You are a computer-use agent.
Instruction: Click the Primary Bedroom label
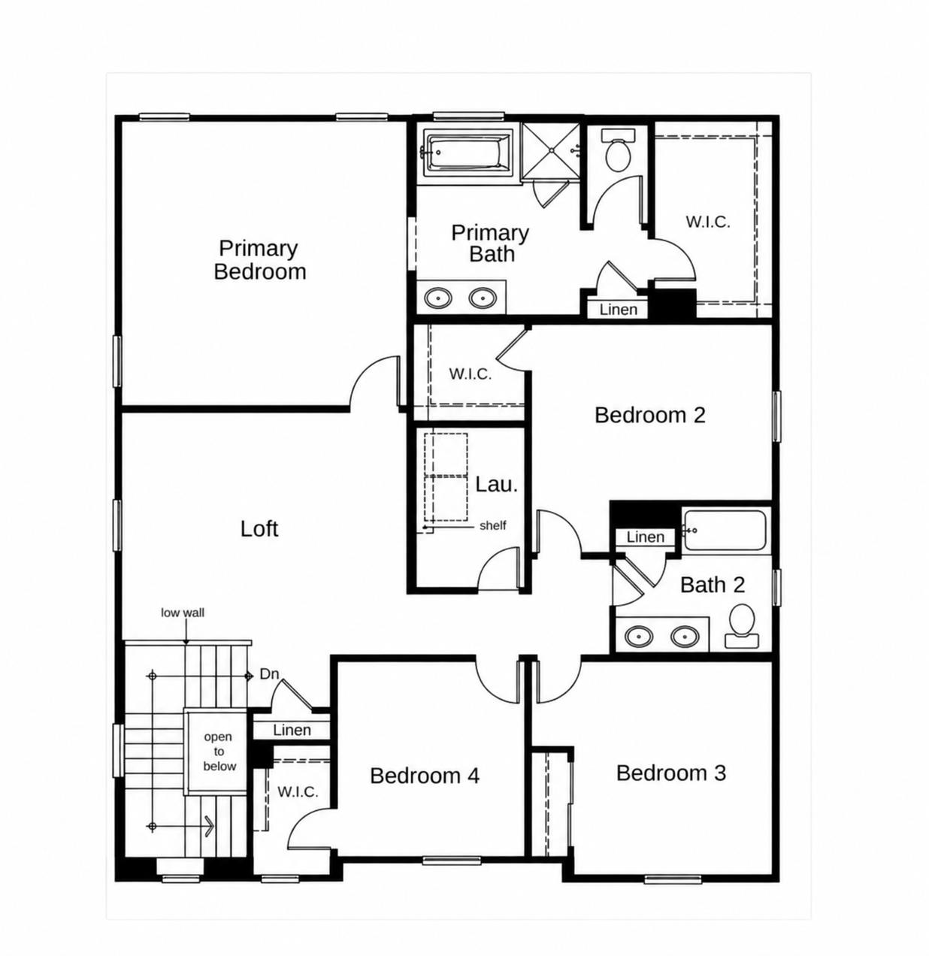[x=259, y=259]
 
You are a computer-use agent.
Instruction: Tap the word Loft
[x=259, y=528]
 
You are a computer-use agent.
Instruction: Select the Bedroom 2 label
[x=649, y=415]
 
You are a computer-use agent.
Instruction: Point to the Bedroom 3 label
[x=670, y=773]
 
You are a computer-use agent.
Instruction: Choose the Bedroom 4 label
[x=424, y=776]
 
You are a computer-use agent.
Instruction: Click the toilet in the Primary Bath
[x=618, y=150]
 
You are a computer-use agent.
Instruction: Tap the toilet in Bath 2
[x=741, y=625]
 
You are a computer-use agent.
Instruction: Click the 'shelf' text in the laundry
[x=492, y=525]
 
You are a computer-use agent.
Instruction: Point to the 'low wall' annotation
[x=182, y=613]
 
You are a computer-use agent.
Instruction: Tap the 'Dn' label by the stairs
[x=269, y=674]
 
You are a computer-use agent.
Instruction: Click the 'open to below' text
[x=219, y=751]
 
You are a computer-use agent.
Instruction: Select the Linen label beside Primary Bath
[x=618, y=310]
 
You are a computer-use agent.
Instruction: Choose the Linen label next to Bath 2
[x=645, y=537]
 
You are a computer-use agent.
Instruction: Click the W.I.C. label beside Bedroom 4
[x=298, y=791]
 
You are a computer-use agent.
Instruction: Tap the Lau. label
[x=496, y=484]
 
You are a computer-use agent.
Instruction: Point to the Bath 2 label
[x=712, y=585]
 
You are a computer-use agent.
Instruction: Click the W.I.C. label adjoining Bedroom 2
[x=470, y=374]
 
